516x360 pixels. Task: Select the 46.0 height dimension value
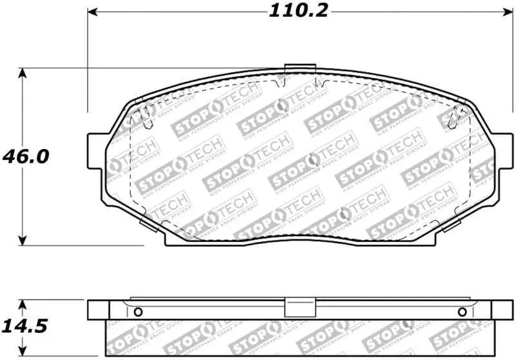26,157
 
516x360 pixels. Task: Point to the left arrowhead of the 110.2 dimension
92,12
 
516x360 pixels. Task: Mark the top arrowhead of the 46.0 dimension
24,73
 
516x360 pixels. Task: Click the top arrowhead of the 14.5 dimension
24,303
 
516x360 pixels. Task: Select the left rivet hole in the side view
136,312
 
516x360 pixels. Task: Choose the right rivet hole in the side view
461,312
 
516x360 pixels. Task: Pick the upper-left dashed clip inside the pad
147,114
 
